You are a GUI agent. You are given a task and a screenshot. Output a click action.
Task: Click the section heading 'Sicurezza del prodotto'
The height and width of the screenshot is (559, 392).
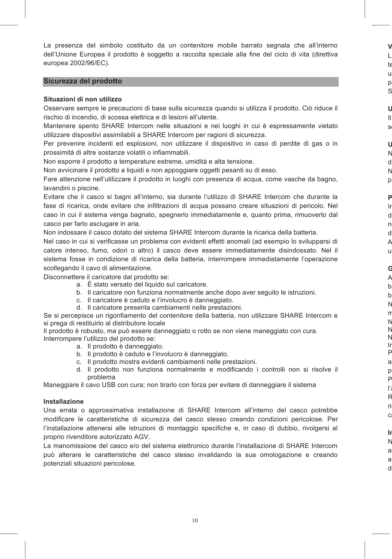(83, 81)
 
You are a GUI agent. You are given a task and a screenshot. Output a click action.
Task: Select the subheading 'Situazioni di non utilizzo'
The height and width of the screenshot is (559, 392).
(83, 99)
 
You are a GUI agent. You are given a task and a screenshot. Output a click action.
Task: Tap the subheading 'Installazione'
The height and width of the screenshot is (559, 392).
(63, 401)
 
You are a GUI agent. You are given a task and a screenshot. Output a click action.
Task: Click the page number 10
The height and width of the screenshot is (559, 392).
(195, 520)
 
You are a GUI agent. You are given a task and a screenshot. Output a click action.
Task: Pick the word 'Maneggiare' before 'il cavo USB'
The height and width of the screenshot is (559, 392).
(60, 384)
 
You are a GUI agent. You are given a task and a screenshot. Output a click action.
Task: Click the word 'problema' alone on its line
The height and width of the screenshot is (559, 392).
(101, 377)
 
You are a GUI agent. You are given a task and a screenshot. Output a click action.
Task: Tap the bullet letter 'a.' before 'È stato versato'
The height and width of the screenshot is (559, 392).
(79, 285)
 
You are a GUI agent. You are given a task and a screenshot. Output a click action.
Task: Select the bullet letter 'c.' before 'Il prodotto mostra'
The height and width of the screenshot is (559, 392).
(79, 362)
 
